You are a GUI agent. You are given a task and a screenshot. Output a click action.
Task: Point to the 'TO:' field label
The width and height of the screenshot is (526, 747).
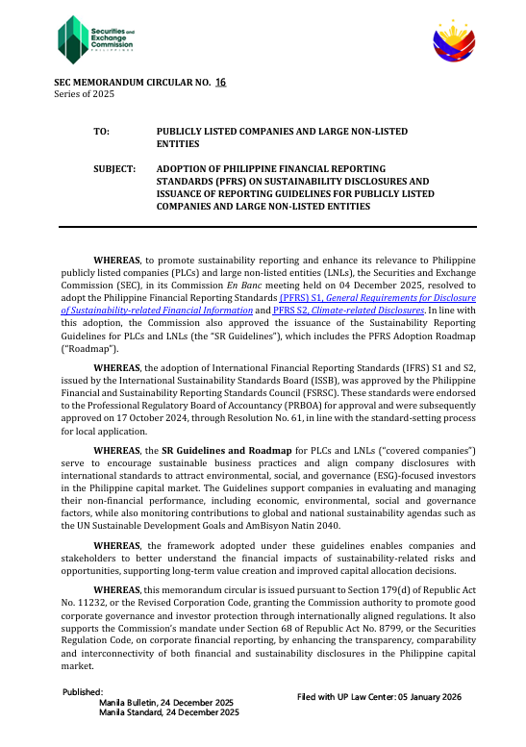click(x=101, y=130)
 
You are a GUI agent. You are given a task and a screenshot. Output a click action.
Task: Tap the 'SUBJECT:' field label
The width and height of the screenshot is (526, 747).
click(x=114, y=167)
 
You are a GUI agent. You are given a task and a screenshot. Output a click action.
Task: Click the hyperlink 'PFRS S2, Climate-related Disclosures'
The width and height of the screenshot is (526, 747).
click(x=335, y=311)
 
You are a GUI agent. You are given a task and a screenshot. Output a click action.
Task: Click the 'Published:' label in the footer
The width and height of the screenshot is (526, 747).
click(x=83, y=692)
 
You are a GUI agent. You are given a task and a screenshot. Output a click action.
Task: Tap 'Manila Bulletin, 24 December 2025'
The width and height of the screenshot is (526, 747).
click(x=169, y=703)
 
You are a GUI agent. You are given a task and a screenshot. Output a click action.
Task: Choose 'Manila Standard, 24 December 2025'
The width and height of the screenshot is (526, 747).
click(x=169, y=713)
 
